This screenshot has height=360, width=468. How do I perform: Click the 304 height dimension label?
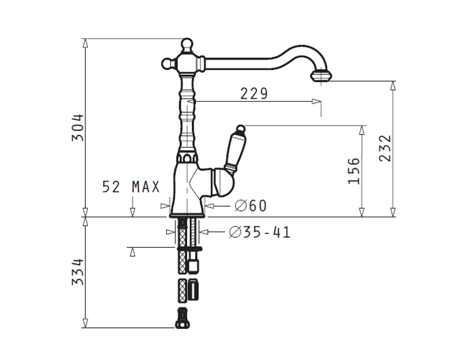tap(78, 127)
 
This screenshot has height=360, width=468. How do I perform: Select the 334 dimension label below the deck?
tap(78, 272)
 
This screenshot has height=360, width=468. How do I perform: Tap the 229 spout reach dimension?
tap(254, 94)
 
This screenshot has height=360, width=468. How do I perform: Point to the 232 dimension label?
tap(385, 148)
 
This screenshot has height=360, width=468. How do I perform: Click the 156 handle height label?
tap(355, 171)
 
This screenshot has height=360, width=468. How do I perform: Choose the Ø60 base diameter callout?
tap(250, 206)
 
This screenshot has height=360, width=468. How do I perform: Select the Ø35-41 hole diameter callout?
tap(259, 232)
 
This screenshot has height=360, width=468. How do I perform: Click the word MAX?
tap(146, 188)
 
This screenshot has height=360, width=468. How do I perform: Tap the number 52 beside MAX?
tap(111, 188)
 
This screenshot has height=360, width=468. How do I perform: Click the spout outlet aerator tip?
tap(321, 75)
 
